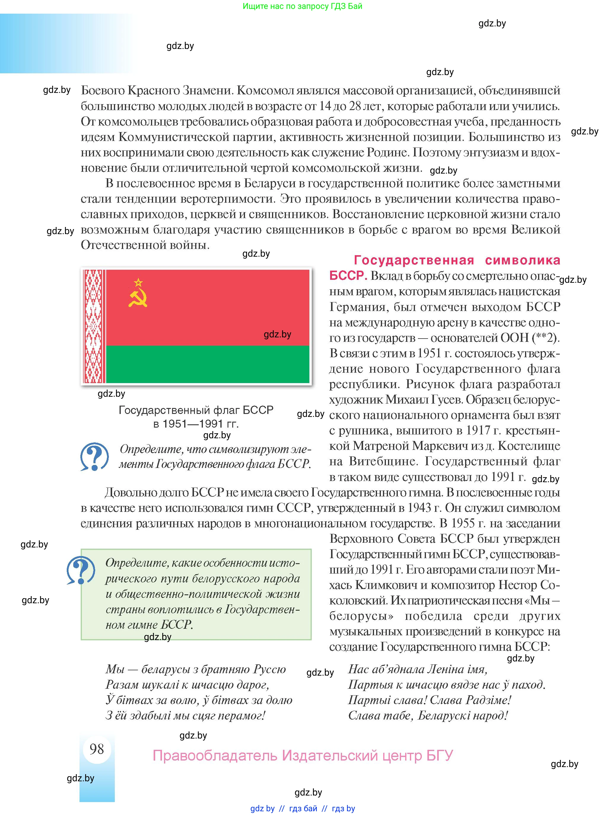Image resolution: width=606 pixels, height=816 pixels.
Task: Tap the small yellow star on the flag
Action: click(138, 282)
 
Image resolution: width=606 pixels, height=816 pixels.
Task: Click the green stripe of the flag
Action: click(207, 364)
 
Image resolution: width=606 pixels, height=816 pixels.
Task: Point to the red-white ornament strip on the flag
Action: click(93, 326)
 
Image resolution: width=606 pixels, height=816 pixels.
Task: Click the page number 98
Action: click(97, 749)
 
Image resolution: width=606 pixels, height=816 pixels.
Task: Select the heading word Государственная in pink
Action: click(414, 260)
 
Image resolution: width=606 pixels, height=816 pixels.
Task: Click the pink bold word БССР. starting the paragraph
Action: click(348, 276)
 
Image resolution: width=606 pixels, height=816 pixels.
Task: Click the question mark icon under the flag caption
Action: click(94, 456)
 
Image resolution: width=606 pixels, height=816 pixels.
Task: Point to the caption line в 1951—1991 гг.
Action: click(196, 424)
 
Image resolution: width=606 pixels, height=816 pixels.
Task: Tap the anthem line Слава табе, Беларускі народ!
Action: click(428, 715)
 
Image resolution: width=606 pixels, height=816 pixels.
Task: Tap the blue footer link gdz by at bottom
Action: click(262, 808)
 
